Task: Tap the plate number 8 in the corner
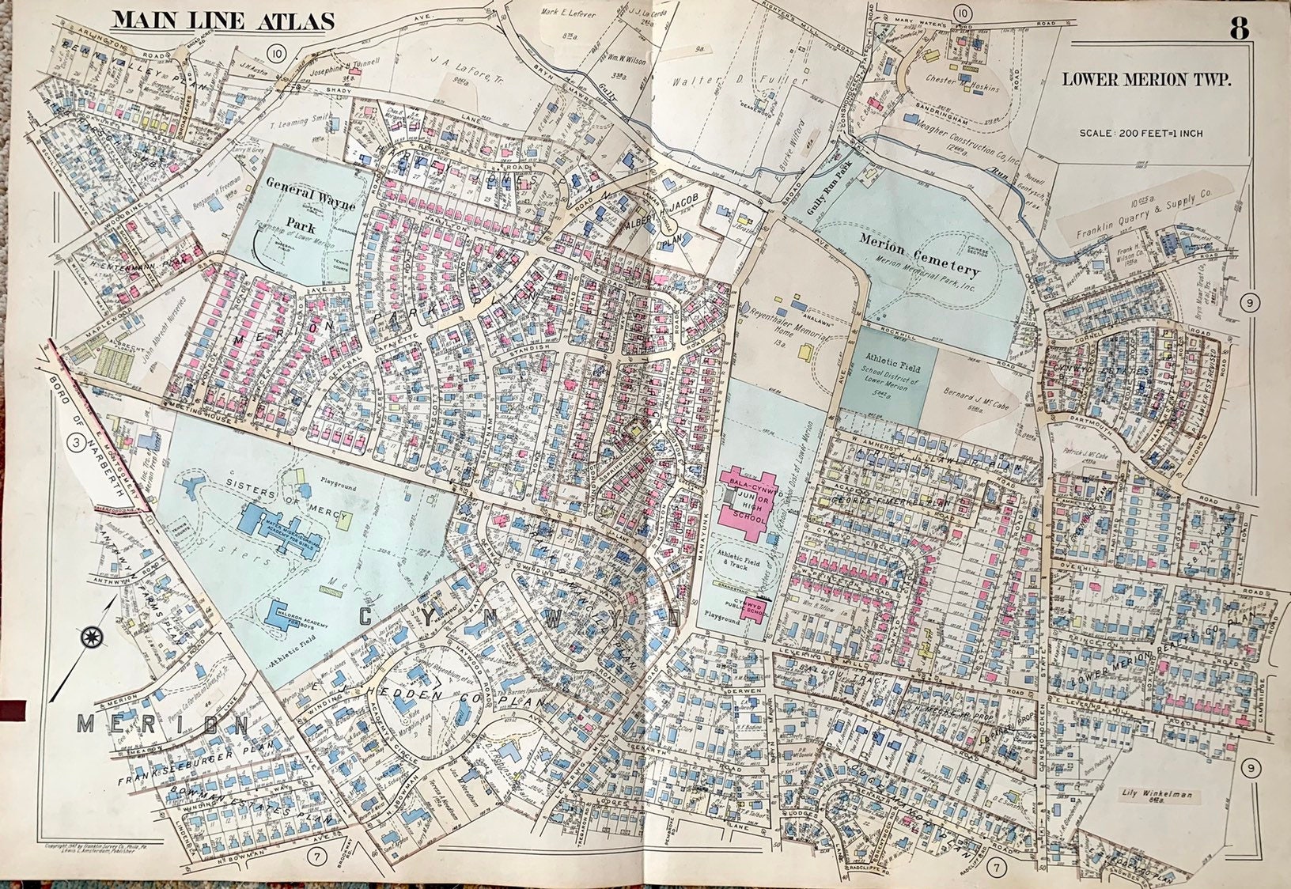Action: coord(1239,29)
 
